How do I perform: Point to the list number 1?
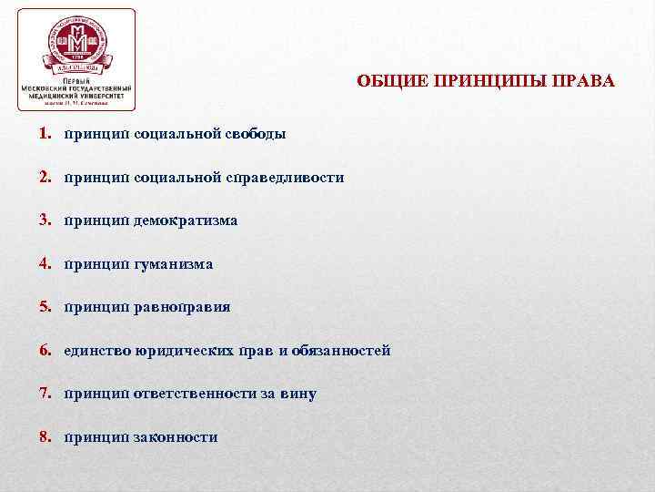pyautogui.click(x=44, y=134)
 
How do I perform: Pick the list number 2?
pyautogui.click(x=44, y=177)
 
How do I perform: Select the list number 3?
pyautogui.click(x=44, y=220)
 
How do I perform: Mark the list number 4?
pyautogui.click(x=44, y=264)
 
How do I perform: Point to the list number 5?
pyautogui.click(x=44, y=307)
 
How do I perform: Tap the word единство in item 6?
pyautogui.click(x=97, y=350)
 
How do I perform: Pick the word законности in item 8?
pyautogui.click(x=175, y=437)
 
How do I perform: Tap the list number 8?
pyautogui.click(x=44, y=437)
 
